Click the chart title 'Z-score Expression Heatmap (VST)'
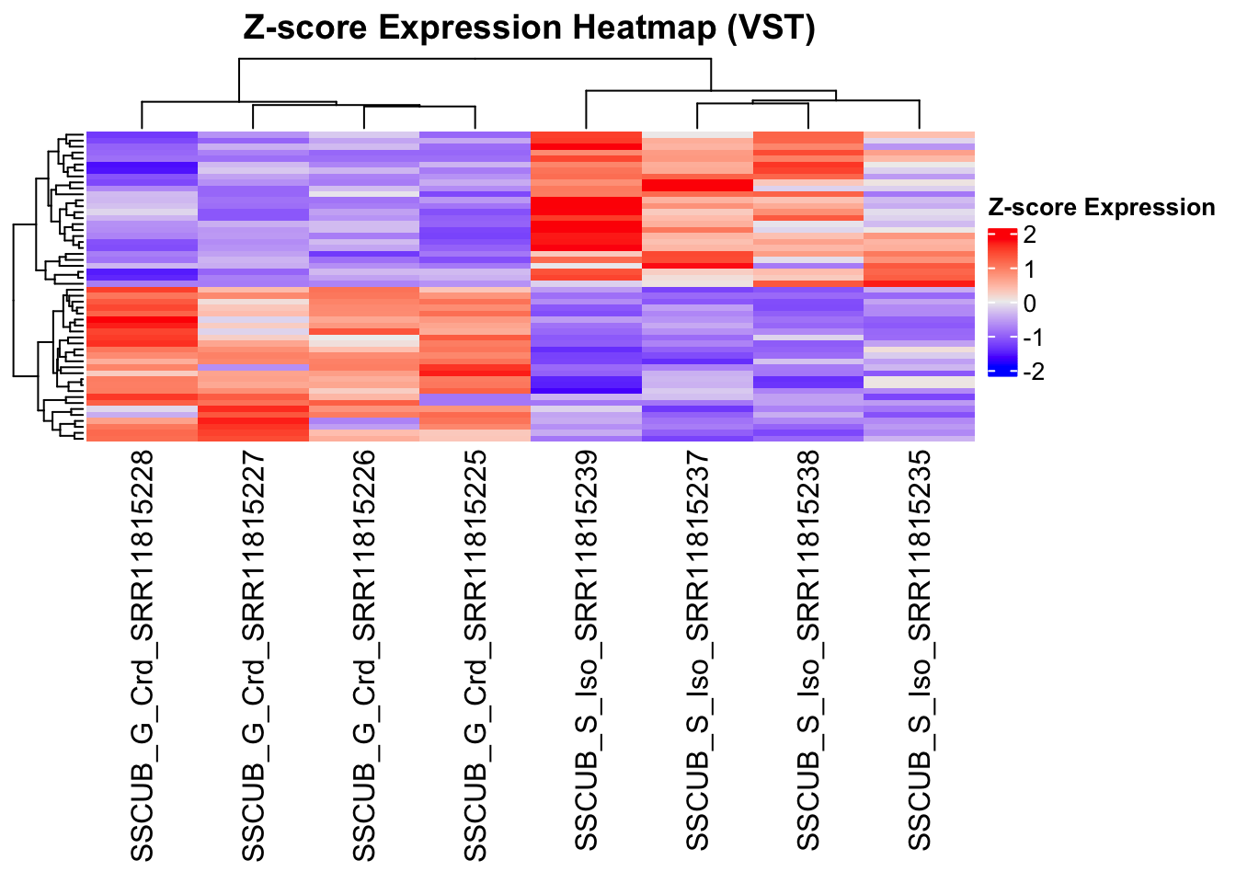pos(529,29)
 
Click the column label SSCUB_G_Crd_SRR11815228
pos(142,656)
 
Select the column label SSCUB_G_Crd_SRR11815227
pos(253,656)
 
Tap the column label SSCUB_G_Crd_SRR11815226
pos(364,656)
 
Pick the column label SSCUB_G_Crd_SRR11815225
pos(475,656)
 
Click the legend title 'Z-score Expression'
pos(1101,208)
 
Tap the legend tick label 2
pos(1029,235)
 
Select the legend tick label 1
pos(1029,269)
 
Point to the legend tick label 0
pos(1029,304)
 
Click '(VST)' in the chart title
pos(771,29)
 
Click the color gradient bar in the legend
pos(1001,303)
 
